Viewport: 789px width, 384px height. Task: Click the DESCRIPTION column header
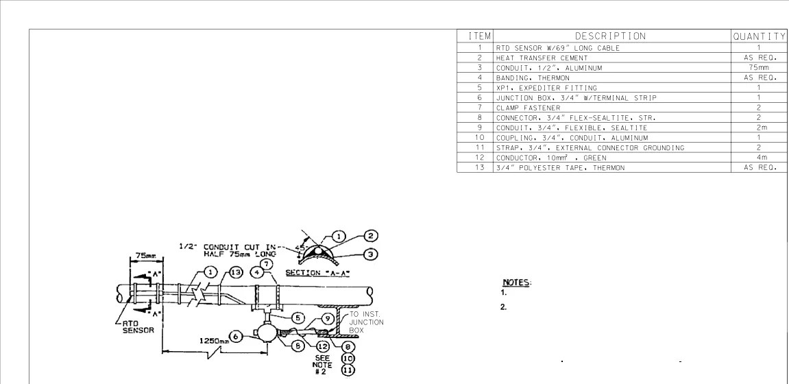coord(610,36)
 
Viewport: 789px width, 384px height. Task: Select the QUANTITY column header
coord(760,36)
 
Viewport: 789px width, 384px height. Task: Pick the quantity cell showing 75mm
coord(759,68)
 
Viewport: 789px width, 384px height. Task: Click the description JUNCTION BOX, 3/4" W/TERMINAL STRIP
coord(576,97)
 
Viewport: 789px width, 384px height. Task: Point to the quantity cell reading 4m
coord(759,158)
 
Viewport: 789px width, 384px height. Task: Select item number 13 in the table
coord(479,167)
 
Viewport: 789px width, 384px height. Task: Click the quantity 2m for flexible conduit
coord(759,128)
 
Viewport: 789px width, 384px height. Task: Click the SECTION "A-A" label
coord(317,273)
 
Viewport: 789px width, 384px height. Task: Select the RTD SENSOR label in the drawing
coord(138,326)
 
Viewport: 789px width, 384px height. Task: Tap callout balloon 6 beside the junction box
coord(236,336)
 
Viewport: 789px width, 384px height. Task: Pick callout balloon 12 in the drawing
coord(323,346)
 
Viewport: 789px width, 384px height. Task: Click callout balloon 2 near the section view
coord(371,235)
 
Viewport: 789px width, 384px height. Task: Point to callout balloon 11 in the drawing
coord(348,370)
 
